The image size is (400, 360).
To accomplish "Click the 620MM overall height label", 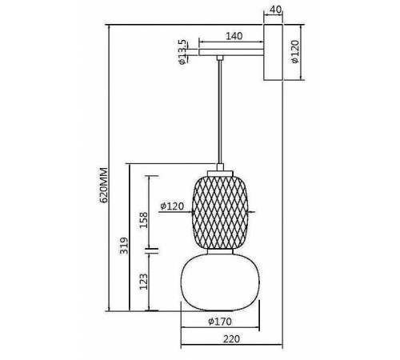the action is pos(103,186).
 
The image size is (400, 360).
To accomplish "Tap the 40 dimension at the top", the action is pos(275,10).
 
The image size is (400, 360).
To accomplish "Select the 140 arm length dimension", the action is pos(234,36).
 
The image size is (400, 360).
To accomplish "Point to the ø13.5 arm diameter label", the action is pos(182,52).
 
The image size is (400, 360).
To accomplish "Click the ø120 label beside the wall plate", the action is pos(295,51).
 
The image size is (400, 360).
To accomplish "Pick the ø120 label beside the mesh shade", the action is pos(172,206).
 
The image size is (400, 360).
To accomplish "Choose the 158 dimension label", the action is pos(143,220).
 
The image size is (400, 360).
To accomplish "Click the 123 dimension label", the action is pos(143,282).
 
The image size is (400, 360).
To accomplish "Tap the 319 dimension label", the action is pos(124,246).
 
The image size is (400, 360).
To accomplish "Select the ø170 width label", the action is pos(220,322).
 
